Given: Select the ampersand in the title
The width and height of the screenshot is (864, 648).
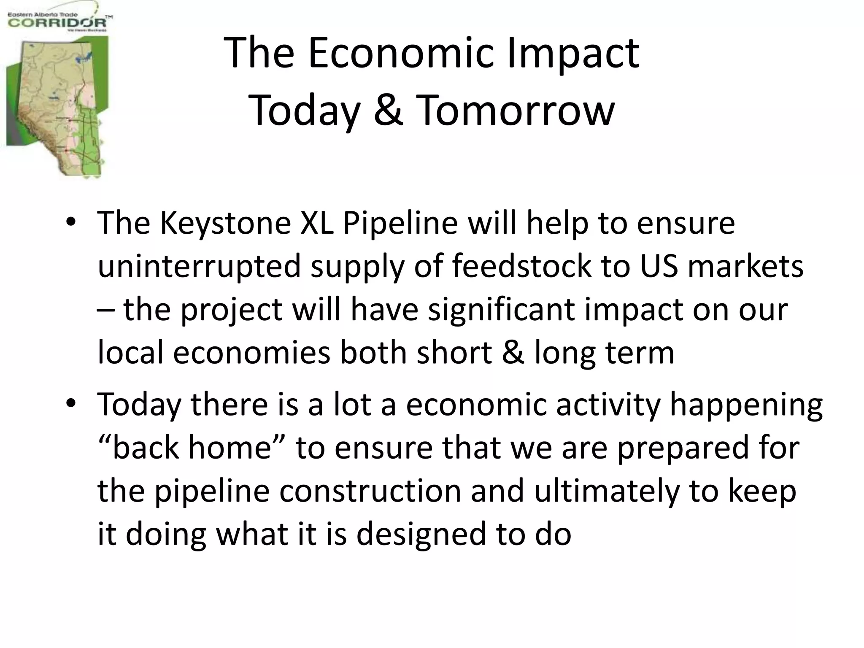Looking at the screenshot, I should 388,111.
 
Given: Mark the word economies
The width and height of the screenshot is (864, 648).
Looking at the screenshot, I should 251,352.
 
